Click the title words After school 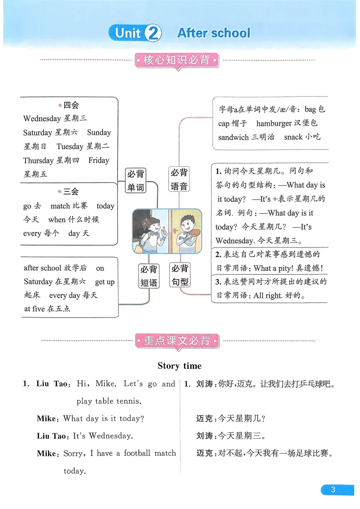(x=213, y=33)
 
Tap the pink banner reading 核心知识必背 (x=177, y=60)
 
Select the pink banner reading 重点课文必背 (x=177, y=341)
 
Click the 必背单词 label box (x=135, y=180)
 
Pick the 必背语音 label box (x=179, y=179)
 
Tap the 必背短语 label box (x=148, y=276)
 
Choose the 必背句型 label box (x=180, y=275)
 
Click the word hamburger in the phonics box (x=274, y=123)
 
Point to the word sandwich (x=233, y=137)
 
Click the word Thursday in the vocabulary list (x=39, y=160)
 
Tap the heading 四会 (x=71, y=105)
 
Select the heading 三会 (x=71, y=191)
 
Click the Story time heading (x=179, y=366)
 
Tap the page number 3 (x=333, y=489)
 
